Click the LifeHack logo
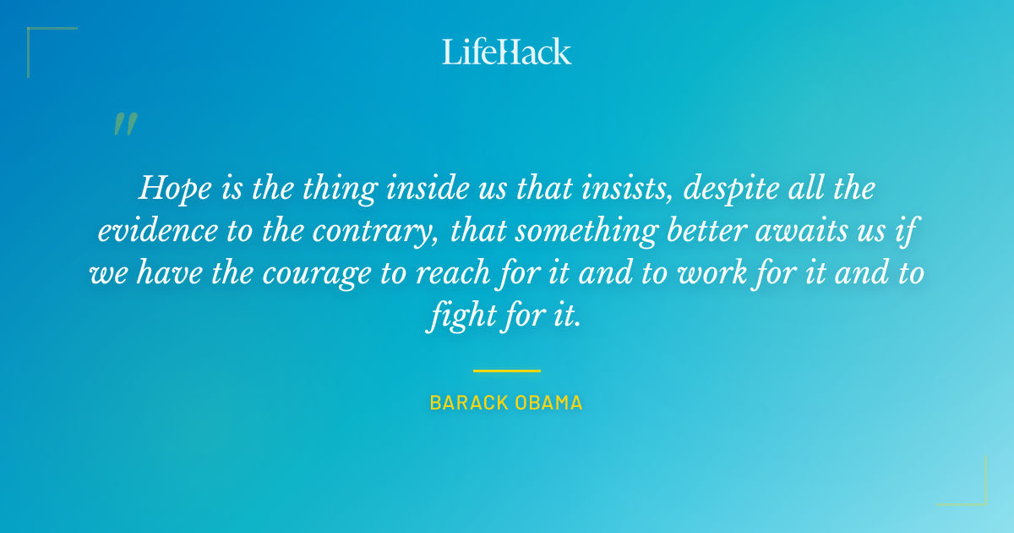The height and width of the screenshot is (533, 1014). (x=507, y=52)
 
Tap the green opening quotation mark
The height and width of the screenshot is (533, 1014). (x=124, y=124)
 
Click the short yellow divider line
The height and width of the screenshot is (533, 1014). (x=507, y=371)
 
